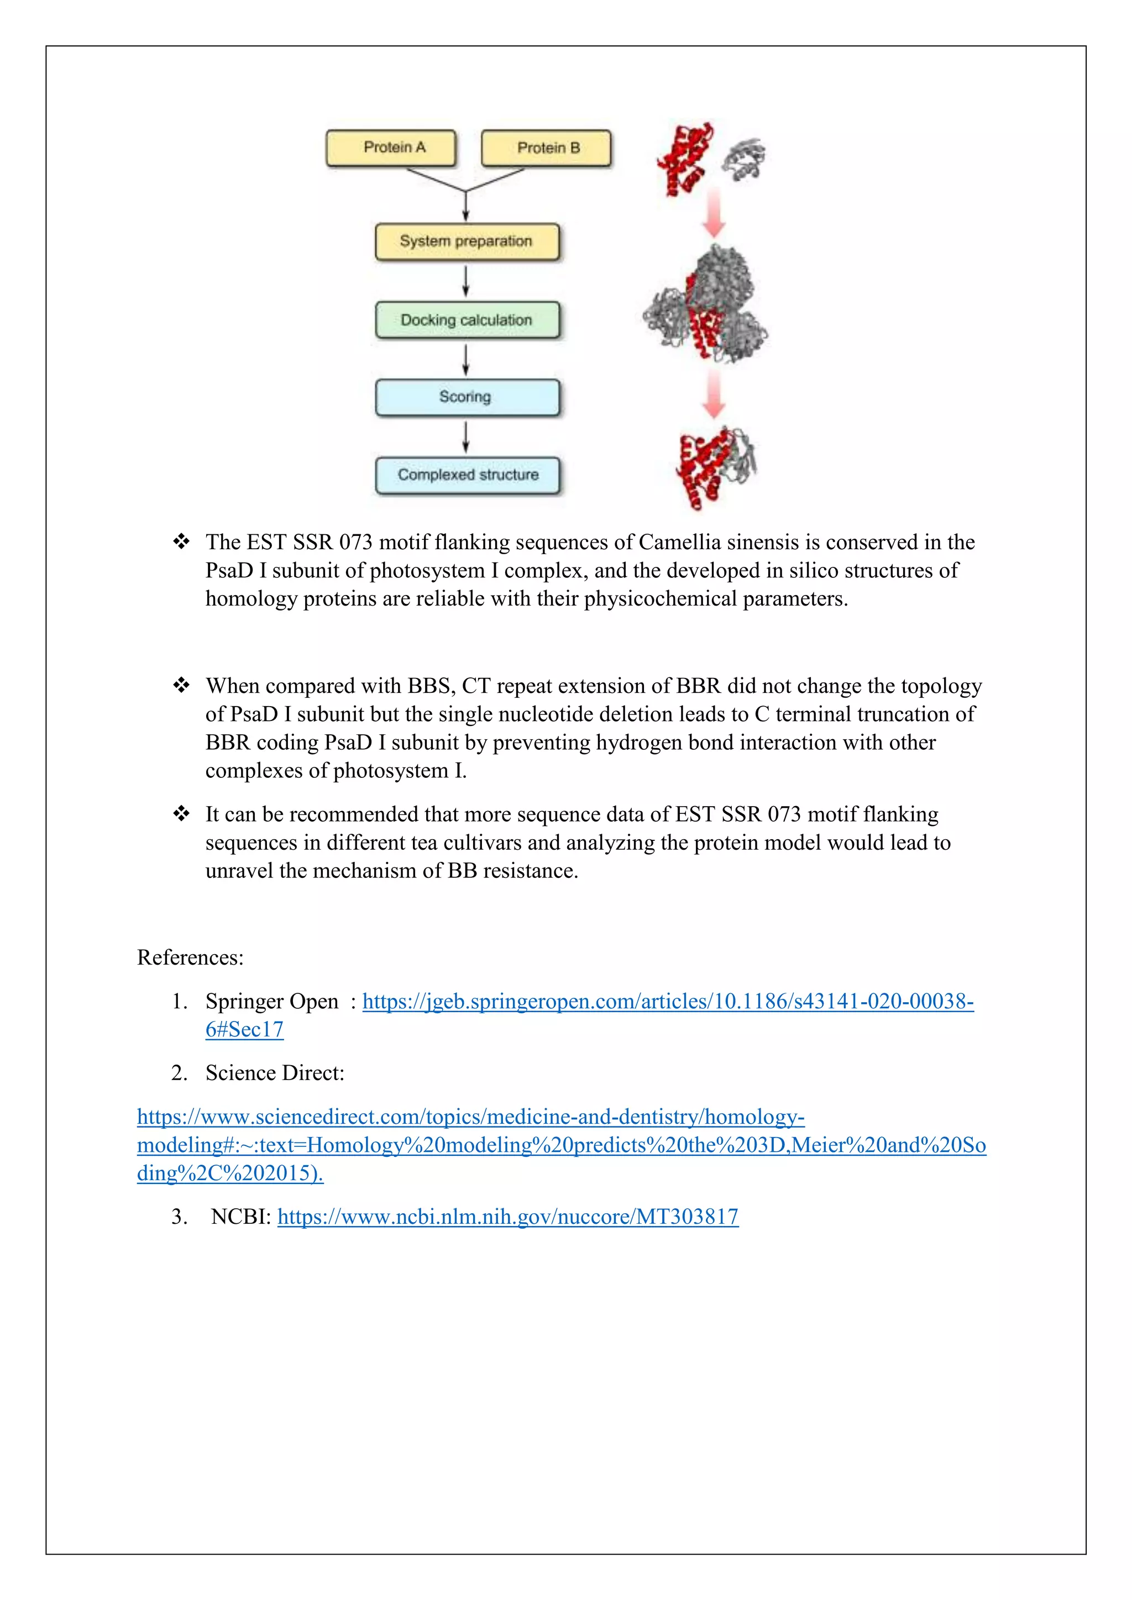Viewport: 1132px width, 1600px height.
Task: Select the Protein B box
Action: click(x=547, y=148)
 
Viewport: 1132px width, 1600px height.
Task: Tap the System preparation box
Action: click(x=467, y=241)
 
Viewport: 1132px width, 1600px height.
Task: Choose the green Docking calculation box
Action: click(x=467, y=320)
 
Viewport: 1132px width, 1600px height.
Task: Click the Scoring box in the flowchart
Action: click(x=467, y=397)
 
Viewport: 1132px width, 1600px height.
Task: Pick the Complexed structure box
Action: click(x=467, y=475)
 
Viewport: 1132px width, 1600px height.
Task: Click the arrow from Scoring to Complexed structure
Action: click(x=467, y=437)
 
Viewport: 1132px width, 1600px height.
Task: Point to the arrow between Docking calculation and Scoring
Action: click(x=467, y=359)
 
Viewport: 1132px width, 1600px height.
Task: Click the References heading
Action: click(x=190, y=957)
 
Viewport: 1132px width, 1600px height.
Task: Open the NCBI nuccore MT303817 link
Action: click(x=507, y=1217)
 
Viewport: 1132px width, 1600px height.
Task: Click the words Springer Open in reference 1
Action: click(x=271, y=1002)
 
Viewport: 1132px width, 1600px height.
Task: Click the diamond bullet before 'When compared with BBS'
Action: click(x=181, y=686)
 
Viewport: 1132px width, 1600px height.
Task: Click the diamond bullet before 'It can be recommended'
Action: click(x=181, y=814)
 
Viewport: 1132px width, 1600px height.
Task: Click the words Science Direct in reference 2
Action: click(x=274, y=1073)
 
